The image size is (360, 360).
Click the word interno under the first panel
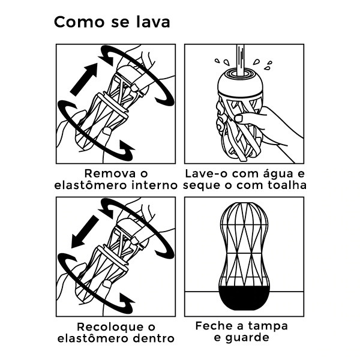coord(154,185)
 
